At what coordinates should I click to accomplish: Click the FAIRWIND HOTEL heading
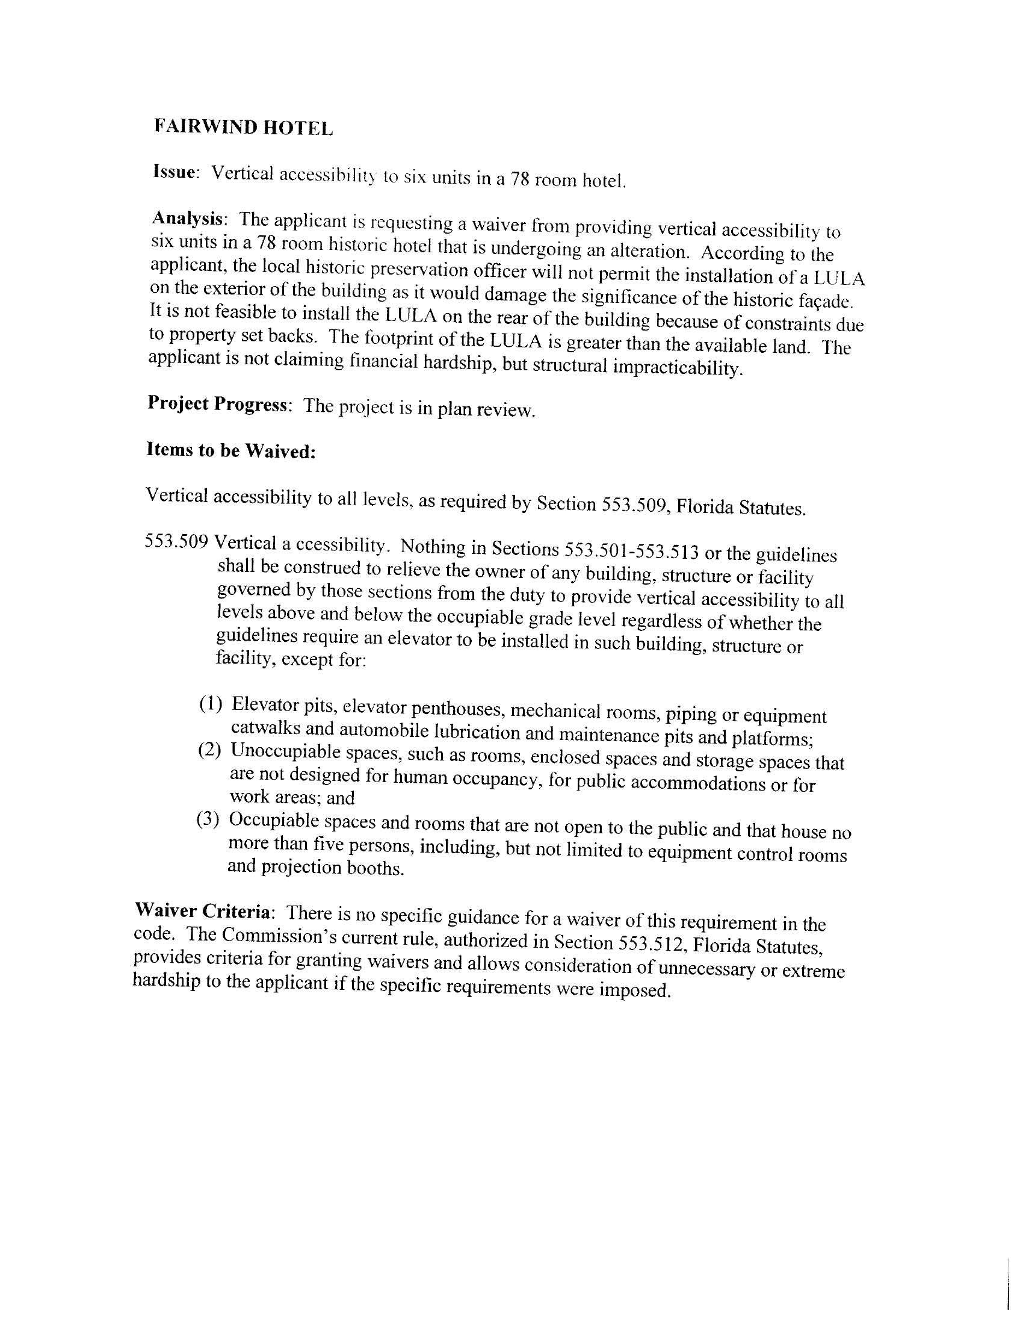[243, 126]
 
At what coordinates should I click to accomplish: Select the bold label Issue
[175, 172]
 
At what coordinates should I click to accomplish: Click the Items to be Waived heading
[231, 450]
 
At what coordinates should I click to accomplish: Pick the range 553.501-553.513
[631, 552]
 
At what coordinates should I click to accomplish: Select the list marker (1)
[211, 704]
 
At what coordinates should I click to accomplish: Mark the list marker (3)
[208, 819]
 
